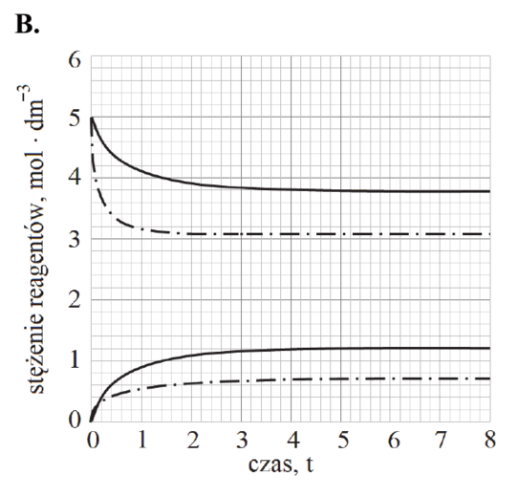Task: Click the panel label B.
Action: click(27, 24)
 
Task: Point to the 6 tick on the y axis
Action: click(75, 60)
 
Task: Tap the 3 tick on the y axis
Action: click(75, 240)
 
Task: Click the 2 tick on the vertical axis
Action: click(75, 300)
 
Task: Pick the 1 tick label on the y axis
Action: click(75, 359)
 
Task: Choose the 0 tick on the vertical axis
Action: click(75, 420)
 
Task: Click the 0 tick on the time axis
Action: click(93, 441)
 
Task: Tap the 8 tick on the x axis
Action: click(490, 441)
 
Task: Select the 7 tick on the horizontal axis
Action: click(441, 441)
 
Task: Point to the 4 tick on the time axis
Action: click(293, 441)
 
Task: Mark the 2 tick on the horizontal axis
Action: click(193, 441)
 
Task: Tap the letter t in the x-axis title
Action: click(310, 464)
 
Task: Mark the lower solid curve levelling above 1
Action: click(291, 349)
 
